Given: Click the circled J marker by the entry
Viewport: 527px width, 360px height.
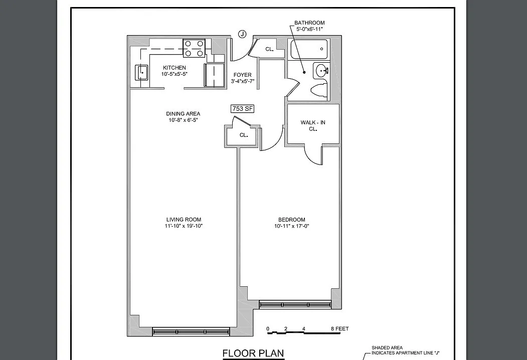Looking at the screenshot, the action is [x=242, y=34].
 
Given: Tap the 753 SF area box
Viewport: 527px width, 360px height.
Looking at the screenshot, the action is [x=242, y=109].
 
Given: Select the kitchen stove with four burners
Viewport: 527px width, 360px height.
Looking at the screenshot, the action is [x=194, y=48].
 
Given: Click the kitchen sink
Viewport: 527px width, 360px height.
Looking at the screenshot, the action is [x=142, y=72].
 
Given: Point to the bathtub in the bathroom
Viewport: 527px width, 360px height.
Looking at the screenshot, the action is [x=309, y=49].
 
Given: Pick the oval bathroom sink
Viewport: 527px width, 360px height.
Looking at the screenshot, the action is [x=322, y=71].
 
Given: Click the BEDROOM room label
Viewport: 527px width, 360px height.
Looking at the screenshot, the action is [x=292, y=220].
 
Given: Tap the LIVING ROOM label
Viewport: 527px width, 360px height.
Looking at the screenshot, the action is [x=184, y=220].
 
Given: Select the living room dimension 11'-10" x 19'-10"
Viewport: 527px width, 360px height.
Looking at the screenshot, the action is [x=184, y=226].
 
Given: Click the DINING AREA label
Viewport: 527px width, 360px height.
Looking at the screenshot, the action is [x=183, y=114].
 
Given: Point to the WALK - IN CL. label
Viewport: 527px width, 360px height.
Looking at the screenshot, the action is [x=313, y=126].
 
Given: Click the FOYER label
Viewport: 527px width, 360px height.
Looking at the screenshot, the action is [x=242, y=75].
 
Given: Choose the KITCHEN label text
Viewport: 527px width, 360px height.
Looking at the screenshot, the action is [x=174, y=68].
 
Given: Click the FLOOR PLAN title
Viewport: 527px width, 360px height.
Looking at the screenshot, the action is [x=253, y=353].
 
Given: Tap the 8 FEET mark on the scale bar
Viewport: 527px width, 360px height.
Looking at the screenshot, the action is [x=340, y=329].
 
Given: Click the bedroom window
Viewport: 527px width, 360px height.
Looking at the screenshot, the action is [x=295, y=305].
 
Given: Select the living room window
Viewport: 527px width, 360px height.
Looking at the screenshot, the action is [x=191, y=332].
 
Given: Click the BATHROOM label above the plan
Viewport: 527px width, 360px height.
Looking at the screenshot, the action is [x=309, y=23].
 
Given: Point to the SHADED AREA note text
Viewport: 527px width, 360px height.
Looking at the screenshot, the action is [x=387, y=348].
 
